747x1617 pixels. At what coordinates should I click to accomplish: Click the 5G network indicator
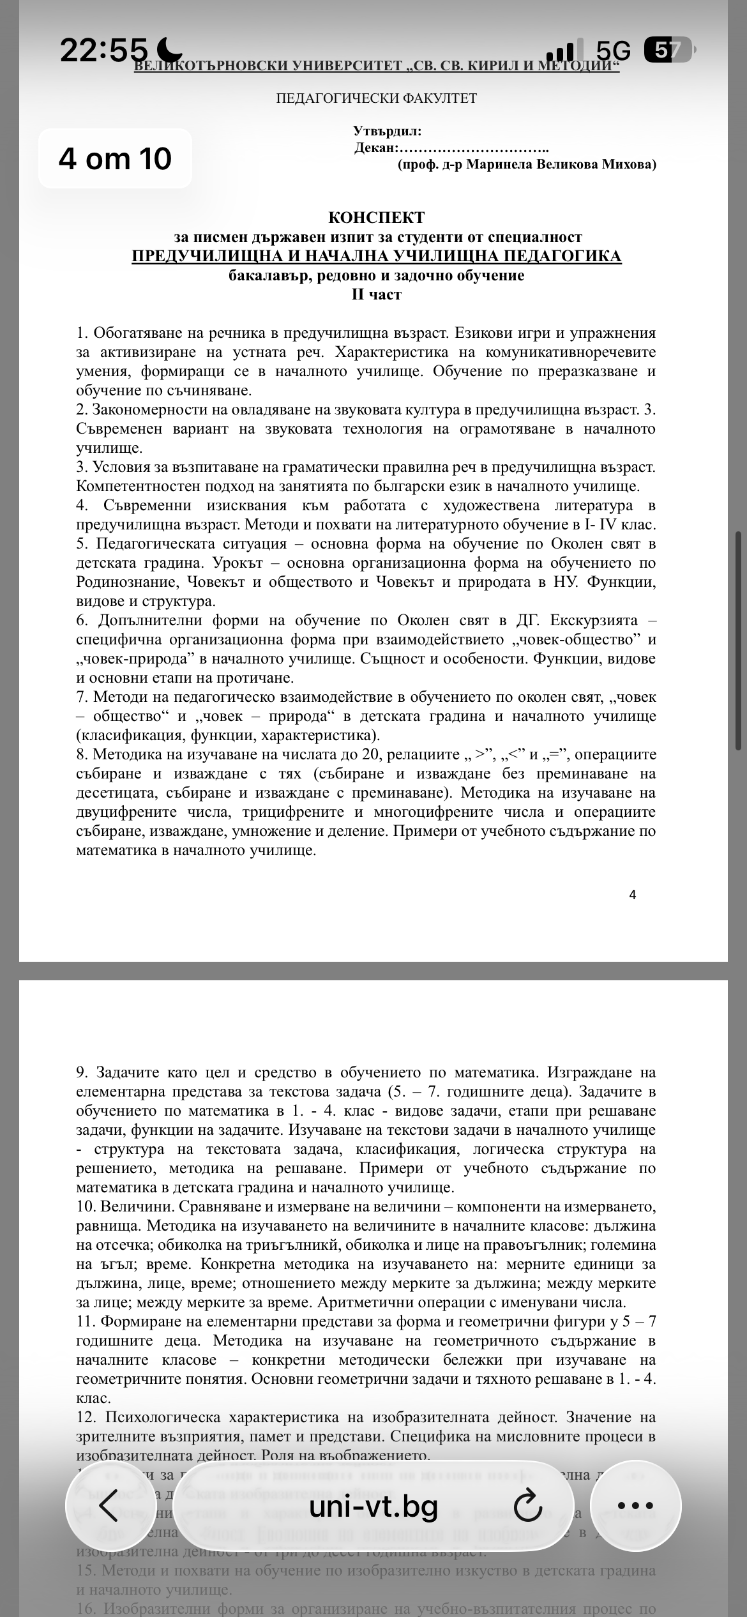(612, 50)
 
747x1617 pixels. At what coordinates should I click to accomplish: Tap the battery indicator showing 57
(668, 50)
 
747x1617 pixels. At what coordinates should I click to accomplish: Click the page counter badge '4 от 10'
(115, 158)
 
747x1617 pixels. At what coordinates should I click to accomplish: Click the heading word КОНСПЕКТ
(376, 218)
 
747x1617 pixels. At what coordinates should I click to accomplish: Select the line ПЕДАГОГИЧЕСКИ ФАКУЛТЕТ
(376, 98)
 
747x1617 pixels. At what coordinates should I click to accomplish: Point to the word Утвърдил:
(387, 132)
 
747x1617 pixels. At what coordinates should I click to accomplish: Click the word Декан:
(376, 148)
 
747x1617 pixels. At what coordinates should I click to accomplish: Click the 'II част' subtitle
(376, 294)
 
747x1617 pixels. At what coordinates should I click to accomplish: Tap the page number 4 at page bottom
(632, 895)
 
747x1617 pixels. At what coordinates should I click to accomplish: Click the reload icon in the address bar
(527, 1507)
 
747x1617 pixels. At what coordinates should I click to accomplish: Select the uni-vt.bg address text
(373, 1507)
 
